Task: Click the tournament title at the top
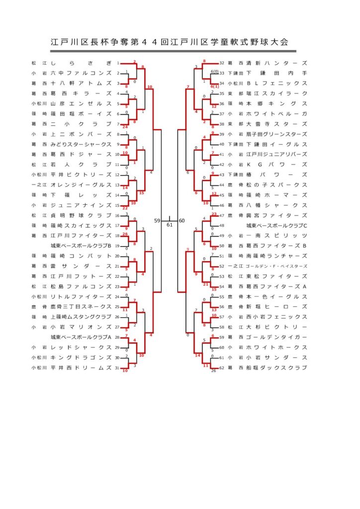coord(170,42)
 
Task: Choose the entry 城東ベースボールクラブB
coord(81,246)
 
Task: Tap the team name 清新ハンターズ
coord(274,63)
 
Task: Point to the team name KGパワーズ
coord(274,165)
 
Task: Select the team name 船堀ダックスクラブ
coord(274,367)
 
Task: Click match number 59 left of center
coord(157,220)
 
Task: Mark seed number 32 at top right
coord(222,63)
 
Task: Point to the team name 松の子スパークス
coord(274,185)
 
